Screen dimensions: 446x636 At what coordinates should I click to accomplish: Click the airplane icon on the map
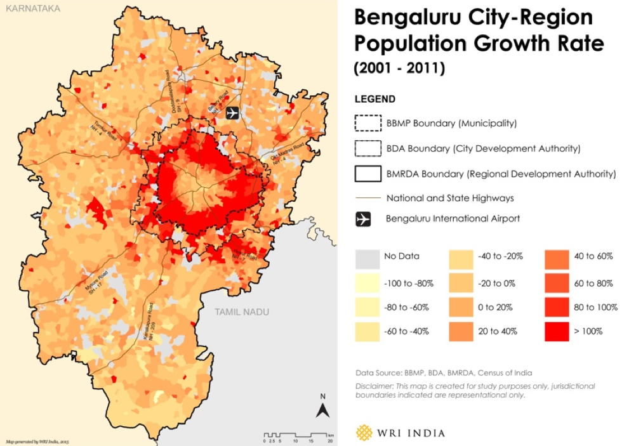[233, 112]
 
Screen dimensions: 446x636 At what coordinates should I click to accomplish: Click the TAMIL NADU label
[241, 312]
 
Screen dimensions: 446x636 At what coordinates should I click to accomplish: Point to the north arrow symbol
[322, 405]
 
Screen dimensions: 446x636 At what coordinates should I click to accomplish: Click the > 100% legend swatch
[556, 331]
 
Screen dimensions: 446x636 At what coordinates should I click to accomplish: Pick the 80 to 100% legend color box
[556, 306]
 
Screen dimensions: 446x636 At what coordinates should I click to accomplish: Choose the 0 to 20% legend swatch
[461, 306]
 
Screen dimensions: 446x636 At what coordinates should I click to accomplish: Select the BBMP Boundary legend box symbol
[366, 123]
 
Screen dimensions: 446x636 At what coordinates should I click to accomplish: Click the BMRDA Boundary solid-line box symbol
[366, 173]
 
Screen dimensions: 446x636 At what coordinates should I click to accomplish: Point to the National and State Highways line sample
[366, 198]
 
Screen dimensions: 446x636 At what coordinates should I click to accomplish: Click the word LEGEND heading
[374, 99]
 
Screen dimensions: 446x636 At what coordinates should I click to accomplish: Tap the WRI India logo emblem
[365, 433]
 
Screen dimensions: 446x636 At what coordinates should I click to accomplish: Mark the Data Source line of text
[444, 372]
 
